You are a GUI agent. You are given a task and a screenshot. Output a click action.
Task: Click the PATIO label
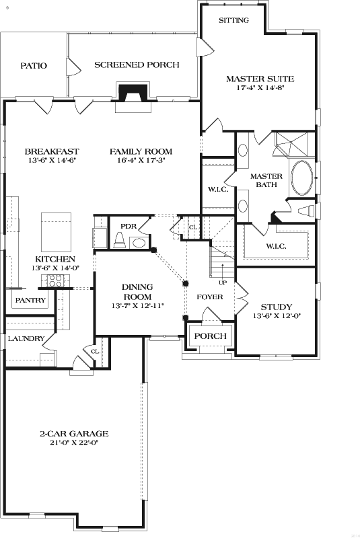tap(33, 65)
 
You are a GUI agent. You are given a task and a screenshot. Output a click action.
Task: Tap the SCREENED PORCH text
tap(137, 65)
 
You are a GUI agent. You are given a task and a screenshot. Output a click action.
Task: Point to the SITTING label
tap(233, 20)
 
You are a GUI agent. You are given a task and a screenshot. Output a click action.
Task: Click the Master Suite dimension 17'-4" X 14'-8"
tap(260, 88)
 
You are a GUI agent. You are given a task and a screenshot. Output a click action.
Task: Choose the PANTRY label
tap(30, 301)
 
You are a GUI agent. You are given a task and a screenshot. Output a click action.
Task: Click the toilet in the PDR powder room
tap(119, 240)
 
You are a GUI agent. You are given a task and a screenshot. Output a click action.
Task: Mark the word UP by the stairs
tap(222, 282)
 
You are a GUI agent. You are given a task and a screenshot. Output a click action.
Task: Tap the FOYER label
tap(209, 297)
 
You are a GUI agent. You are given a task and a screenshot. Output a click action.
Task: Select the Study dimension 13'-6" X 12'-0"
tap(276, 316)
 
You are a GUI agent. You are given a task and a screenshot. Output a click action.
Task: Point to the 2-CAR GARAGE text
tap(73, 434)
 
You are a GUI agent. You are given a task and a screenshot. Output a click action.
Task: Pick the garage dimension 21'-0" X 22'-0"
tap(73, 443)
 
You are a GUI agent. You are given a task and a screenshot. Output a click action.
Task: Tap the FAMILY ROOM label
tap(141, 151)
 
